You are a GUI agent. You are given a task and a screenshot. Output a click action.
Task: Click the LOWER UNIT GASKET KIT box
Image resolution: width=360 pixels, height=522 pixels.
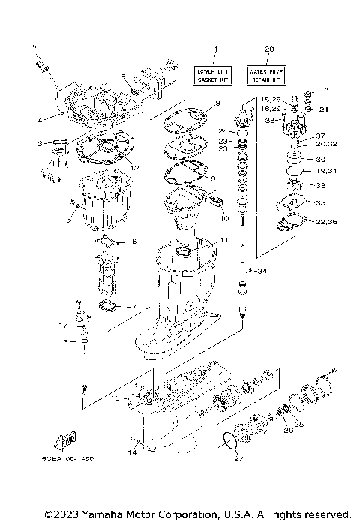(213, 73)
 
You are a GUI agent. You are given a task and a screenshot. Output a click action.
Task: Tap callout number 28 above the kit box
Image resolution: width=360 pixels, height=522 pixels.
(269, 49)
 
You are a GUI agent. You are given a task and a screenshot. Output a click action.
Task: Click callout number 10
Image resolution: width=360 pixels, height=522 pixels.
(223, 218)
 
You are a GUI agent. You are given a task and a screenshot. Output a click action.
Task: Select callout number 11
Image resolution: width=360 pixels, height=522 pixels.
(222, 239)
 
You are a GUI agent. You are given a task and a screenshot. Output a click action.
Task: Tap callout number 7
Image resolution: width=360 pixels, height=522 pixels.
(133, 306)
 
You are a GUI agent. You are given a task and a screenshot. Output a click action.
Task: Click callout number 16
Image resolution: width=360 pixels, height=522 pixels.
(64, 341)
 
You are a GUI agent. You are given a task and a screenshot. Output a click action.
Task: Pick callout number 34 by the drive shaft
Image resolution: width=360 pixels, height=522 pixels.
(260, 270)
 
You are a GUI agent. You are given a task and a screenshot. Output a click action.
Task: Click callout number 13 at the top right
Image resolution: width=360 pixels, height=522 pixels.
(324, 90)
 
